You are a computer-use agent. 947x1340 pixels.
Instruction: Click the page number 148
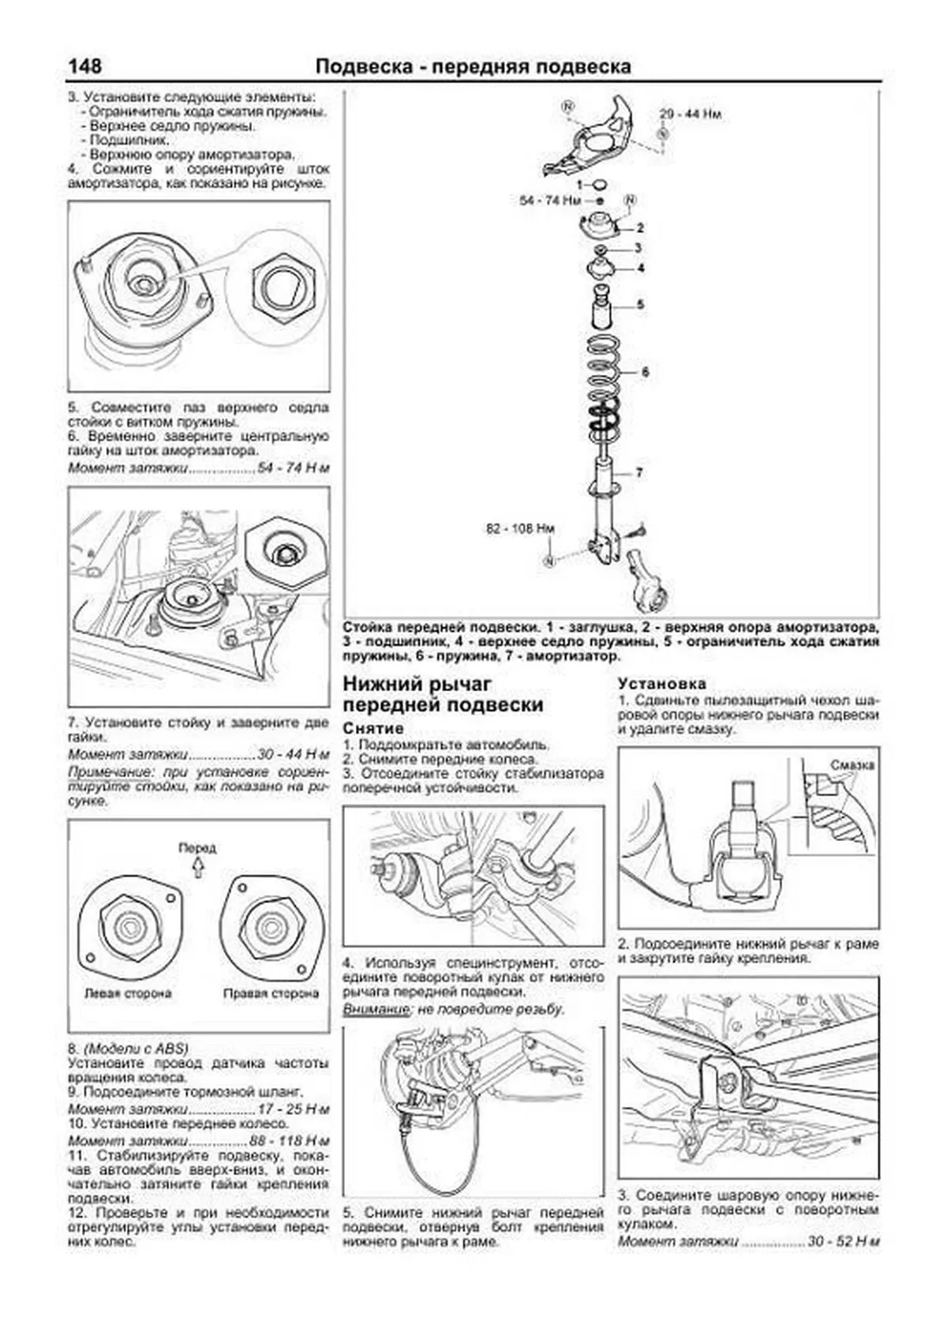click(x=84, y=66)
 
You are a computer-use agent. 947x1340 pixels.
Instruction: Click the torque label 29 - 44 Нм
click(x=691, y=114)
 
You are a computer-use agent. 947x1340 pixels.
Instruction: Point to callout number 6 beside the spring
click(x=645, y=371)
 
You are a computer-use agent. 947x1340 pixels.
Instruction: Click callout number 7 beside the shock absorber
click(x=639, y=472)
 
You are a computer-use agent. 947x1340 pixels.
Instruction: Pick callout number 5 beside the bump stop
click(x=640, y=304)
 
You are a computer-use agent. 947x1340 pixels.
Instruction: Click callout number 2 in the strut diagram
click(x=640, y=228)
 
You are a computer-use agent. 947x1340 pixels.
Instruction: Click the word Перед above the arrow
click(x=197, y=848)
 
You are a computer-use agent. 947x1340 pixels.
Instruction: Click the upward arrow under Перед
click(x=197, y=868)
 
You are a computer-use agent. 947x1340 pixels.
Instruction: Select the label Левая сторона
click(x=128, y=993)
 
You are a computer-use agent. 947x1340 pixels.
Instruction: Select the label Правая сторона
click(x=271, y=993)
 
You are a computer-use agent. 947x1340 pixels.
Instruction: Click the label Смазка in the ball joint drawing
click(x=852, y=764)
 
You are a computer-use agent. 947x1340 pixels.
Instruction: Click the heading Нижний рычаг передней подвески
click(x=443, y=694)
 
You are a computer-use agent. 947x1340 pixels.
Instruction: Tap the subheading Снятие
click(x=373, y=728)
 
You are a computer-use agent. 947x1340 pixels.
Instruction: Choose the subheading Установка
click(x=661, y=684)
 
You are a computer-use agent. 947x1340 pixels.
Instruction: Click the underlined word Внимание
click(x=376, y=1010)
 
